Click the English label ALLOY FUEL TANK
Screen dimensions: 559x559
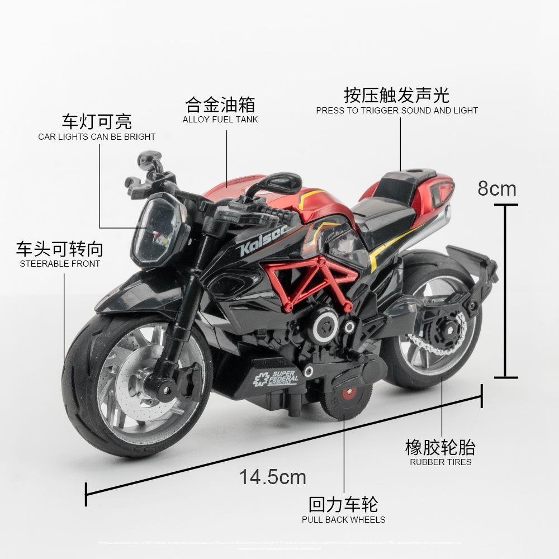(x=220, y=120)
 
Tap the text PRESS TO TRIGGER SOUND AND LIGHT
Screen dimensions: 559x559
(x=397, y=111)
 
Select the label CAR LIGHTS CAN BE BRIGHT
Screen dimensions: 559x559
(x=97, y=137)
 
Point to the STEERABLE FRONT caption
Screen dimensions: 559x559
(x=60, y=264)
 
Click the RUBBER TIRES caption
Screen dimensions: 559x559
(x=440, y=462)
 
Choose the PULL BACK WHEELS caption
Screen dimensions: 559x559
(x=343, y=520)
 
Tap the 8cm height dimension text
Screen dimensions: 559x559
(x=496, y=189)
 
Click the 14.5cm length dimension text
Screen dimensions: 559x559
(x=273, y=477)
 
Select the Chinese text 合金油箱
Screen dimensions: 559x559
(x=220, y=105)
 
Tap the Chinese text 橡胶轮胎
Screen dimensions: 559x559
(x=440, y=447)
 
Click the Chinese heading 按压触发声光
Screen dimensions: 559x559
(x=397, y=95)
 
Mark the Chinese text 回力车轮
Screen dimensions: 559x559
(x=343, y=504)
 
